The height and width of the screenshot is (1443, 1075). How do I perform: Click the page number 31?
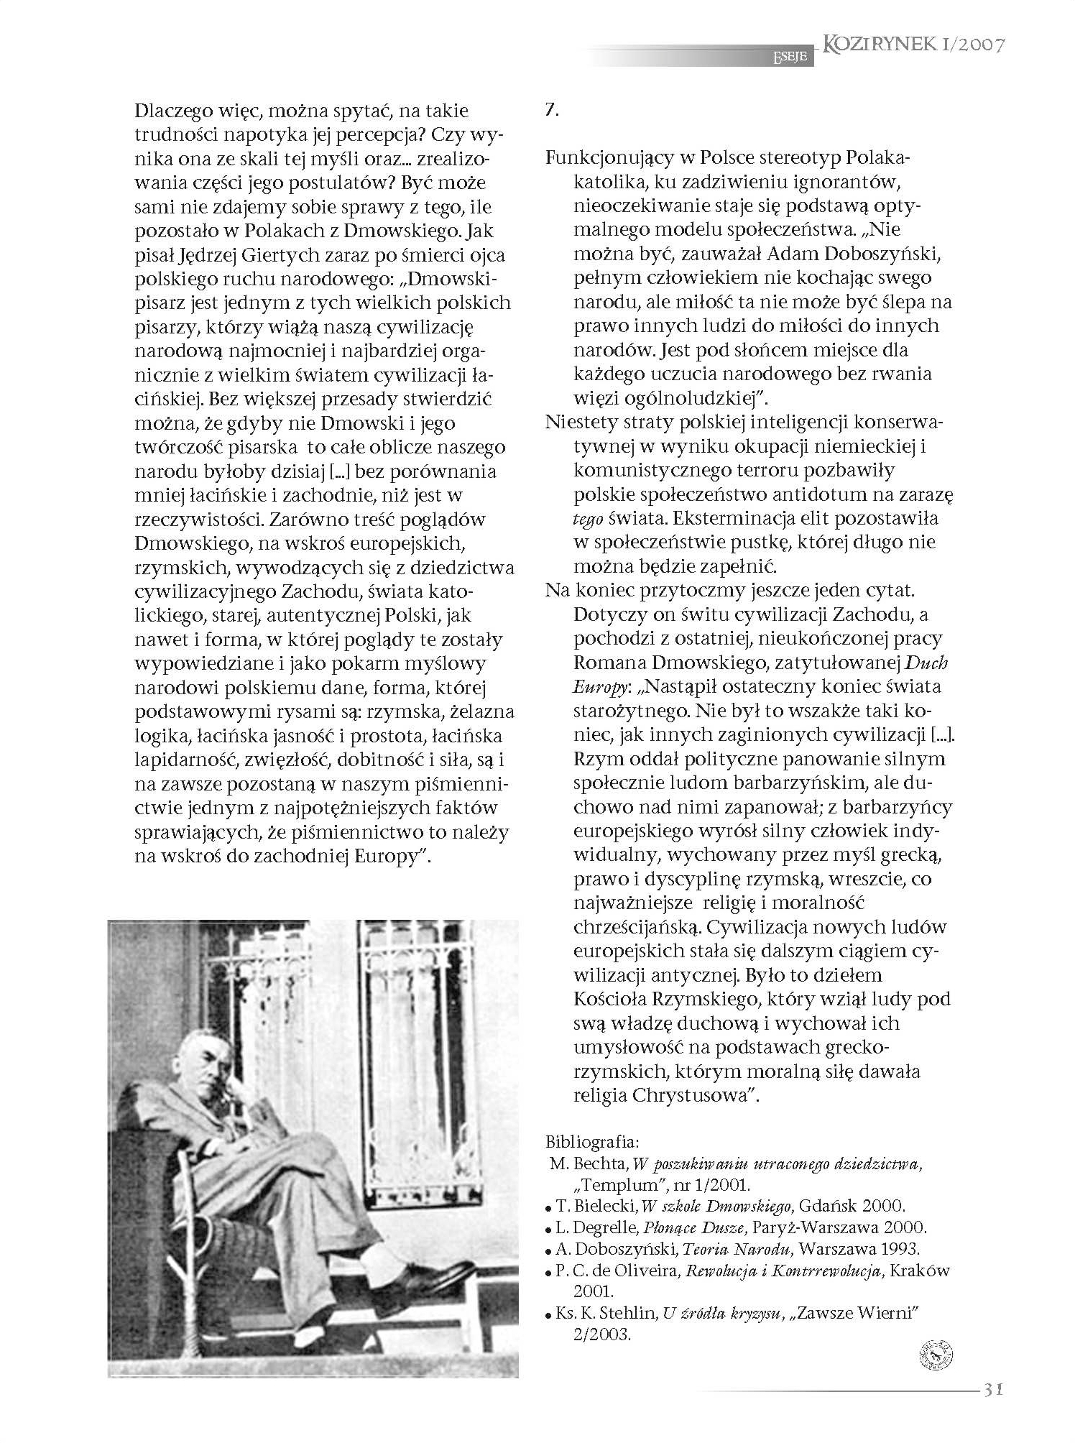point(991,1389)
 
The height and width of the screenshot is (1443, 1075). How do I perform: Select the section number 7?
point(552,111)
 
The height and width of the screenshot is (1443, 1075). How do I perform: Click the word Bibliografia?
point(591,1141)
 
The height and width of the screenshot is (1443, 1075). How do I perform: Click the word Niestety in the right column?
point(581,422)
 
